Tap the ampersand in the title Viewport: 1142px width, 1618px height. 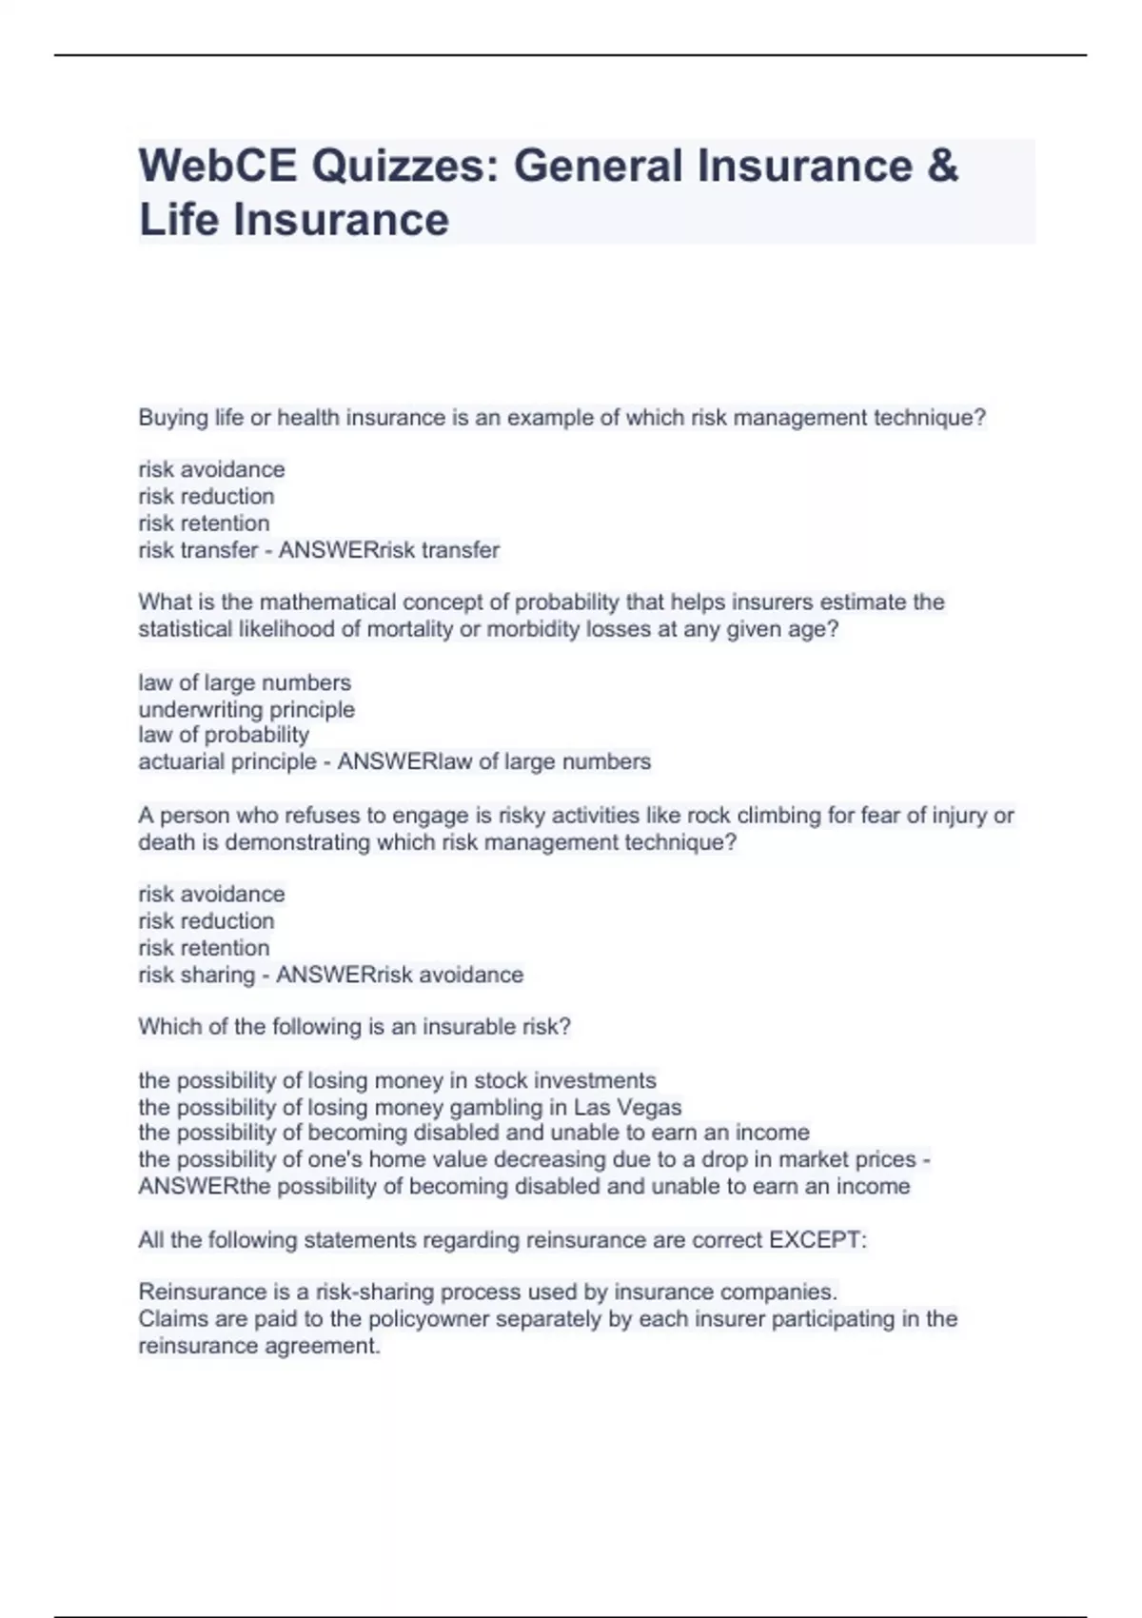point(940,166)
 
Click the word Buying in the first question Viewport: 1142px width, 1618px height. point(172,418)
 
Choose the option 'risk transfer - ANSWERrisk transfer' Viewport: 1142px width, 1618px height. point(319,550)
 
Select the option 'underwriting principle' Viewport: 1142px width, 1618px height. point(246,709)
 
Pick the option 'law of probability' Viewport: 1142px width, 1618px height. point(224,735)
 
